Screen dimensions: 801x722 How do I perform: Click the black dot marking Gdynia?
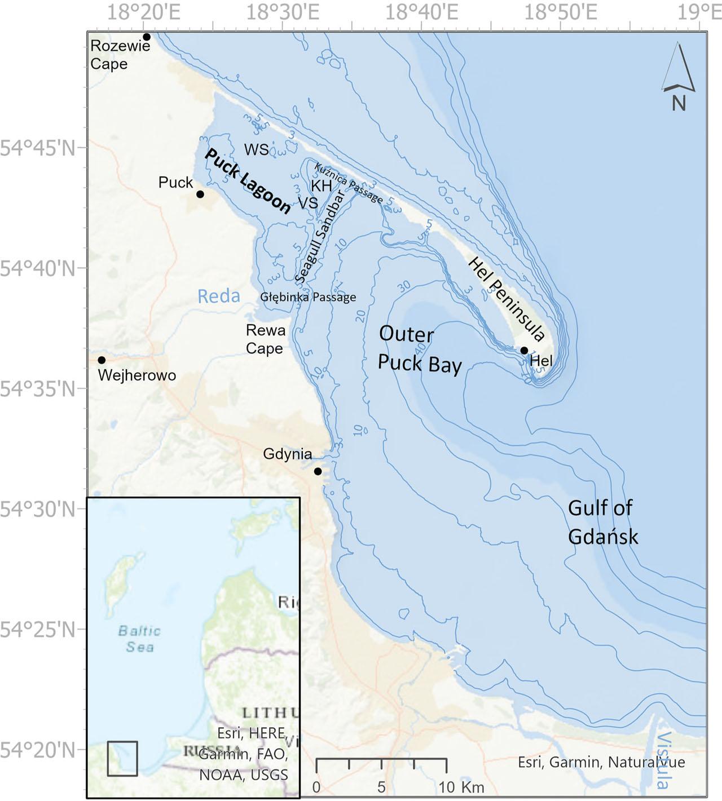point(318,471)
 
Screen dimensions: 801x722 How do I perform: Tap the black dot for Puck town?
point(200,194)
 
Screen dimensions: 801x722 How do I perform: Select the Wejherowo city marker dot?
point(102,360)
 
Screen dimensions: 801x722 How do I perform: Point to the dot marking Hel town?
point(524,351)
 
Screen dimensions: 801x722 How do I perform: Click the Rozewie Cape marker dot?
point(147,37)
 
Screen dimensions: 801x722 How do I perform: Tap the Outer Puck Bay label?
point(419,349)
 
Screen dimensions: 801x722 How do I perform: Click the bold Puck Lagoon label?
point(248,182)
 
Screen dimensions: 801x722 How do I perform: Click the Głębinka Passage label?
point(308,297)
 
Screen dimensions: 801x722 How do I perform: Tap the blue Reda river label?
point(219,296)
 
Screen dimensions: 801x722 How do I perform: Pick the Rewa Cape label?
point(265,339)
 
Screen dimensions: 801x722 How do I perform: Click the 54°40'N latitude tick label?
point(39,268)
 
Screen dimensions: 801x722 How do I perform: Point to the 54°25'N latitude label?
point(39,629)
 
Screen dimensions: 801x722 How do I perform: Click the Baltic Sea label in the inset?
point(139,639)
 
